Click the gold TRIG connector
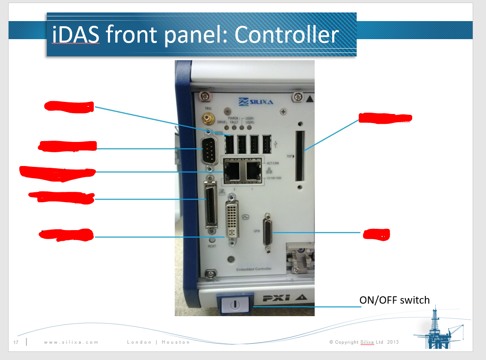pyautogui.click(x=209, y=117)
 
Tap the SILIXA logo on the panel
pyautogui.click(x=256, y=102)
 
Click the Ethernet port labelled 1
pyautogui.click(x=253, y=172)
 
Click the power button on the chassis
pyautogui.click(x=234, y=304)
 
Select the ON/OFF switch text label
pyautogui.click(x=394, y=300)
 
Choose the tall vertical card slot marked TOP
pyautogui.click(x=300, y=156)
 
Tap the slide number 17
pyautogui.click(x=16, y=342)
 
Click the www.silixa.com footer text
pyautogui.click(x=71, y=342)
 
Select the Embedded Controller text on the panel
pyautogui.click(x=254, y=269)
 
